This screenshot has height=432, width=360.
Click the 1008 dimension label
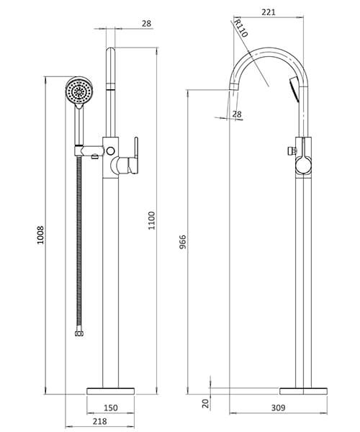point(41,233)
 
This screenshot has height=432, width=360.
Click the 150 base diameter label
point(110,408)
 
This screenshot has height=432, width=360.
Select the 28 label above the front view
point(146,24)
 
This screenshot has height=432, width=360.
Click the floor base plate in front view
point(110,390)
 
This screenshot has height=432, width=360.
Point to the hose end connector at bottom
point(78,334)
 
